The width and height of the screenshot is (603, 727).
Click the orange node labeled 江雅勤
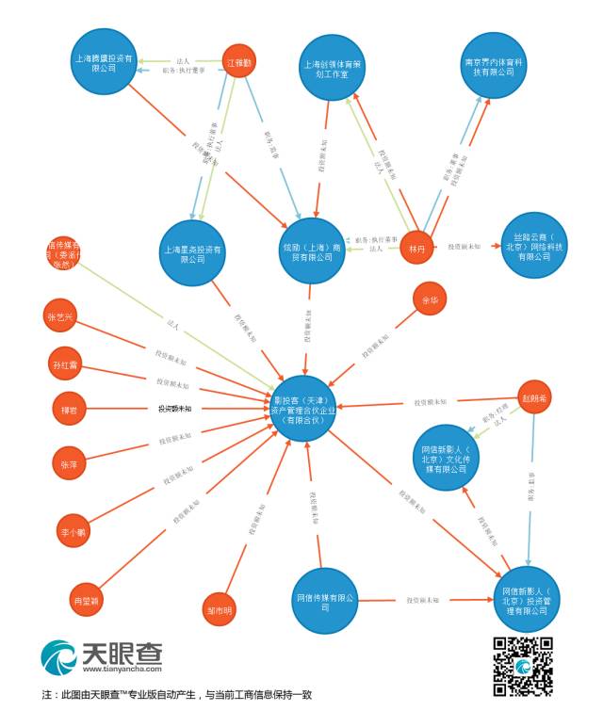[x=240, y=62]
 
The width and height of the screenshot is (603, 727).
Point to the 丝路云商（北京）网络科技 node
[x=535, y=245]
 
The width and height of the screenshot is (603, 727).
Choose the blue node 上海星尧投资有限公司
[x=192, y=253]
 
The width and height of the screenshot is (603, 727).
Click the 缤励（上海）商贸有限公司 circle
[x=311, y=250]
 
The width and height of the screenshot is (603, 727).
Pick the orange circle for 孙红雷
[x=66, y=363]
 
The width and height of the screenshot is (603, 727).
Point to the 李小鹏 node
[x=73, y=531]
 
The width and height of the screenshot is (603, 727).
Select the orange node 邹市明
[x=219, y=609]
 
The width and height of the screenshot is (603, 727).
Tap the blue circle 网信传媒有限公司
[x=324, y=601]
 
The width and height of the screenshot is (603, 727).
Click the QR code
[x=523, y=667]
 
